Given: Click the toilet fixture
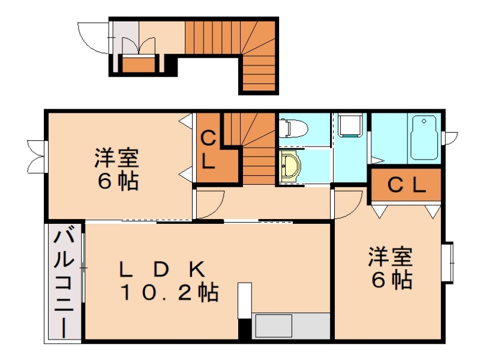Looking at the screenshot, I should (293, 127).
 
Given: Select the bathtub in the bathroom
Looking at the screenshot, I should (425, 138).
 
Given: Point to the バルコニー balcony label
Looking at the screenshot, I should (64, 282).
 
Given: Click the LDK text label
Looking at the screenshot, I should (163, 268).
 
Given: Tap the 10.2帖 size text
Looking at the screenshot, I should (169, 293).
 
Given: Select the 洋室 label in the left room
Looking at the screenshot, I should (116, 159).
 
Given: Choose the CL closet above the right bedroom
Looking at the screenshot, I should (406, 185).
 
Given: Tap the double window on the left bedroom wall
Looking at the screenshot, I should (36, 155).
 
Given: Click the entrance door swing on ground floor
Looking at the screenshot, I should (93, 37).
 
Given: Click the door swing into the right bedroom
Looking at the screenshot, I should (348, 204).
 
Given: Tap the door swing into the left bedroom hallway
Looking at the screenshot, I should (210, 204).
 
